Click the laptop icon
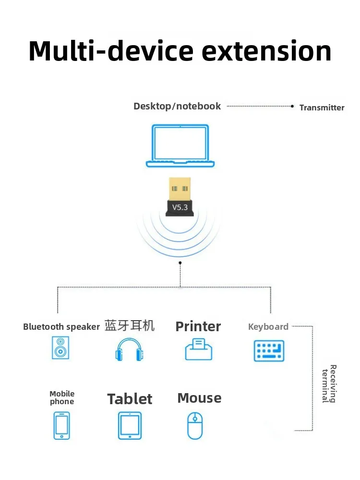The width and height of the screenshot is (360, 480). pyautogui.click(x=180, y=146)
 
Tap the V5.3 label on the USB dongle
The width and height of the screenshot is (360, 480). pyautogui.click(x=180, y=207)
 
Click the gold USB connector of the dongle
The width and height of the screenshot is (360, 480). pyautogui.click(x=180, y=188)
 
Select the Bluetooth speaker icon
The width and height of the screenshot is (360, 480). pyautogui.click(x=60, y=348)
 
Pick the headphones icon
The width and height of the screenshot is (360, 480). pyautogui.click(x=130, y=349)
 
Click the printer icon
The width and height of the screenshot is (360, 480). pyautogui.click(x=199, y=349)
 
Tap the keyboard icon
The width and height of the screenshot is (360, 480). pyautogui.click(x=268, y=351)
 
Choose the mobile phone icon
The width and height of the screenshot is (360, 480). pyautogui.click(x=62, y=425)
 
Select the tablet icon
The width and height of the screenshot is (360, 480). pyautogui.click(x=130, y=425)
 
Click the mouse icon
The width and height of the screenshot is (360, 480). pyautogui.click(x=195, y=425)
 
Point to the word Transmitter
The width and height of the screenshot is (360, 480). pyautogui.click(x=322, y=108)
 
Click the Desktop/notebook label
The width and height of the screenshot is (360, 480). pyautogui.click(x=177, y=106)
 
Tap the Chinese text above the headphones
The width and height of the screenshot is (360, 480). pyautogui.click(x=130, y=325)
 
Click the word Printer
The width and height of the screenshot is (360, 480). pyautogui.click(x=198, y=326)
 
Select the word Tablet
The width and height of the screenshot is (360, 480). pyautogui.click(x=130, y=399)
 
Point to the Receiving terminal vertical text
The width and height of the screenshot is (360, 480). pyautogui.click(x=329, y=384)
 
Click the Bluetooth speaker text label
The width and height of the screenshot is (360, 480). pyautogui.click(x=61, y=327)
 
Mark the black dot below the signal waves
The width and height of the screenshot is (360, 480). pyautogui.click(x=180, y=263)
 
